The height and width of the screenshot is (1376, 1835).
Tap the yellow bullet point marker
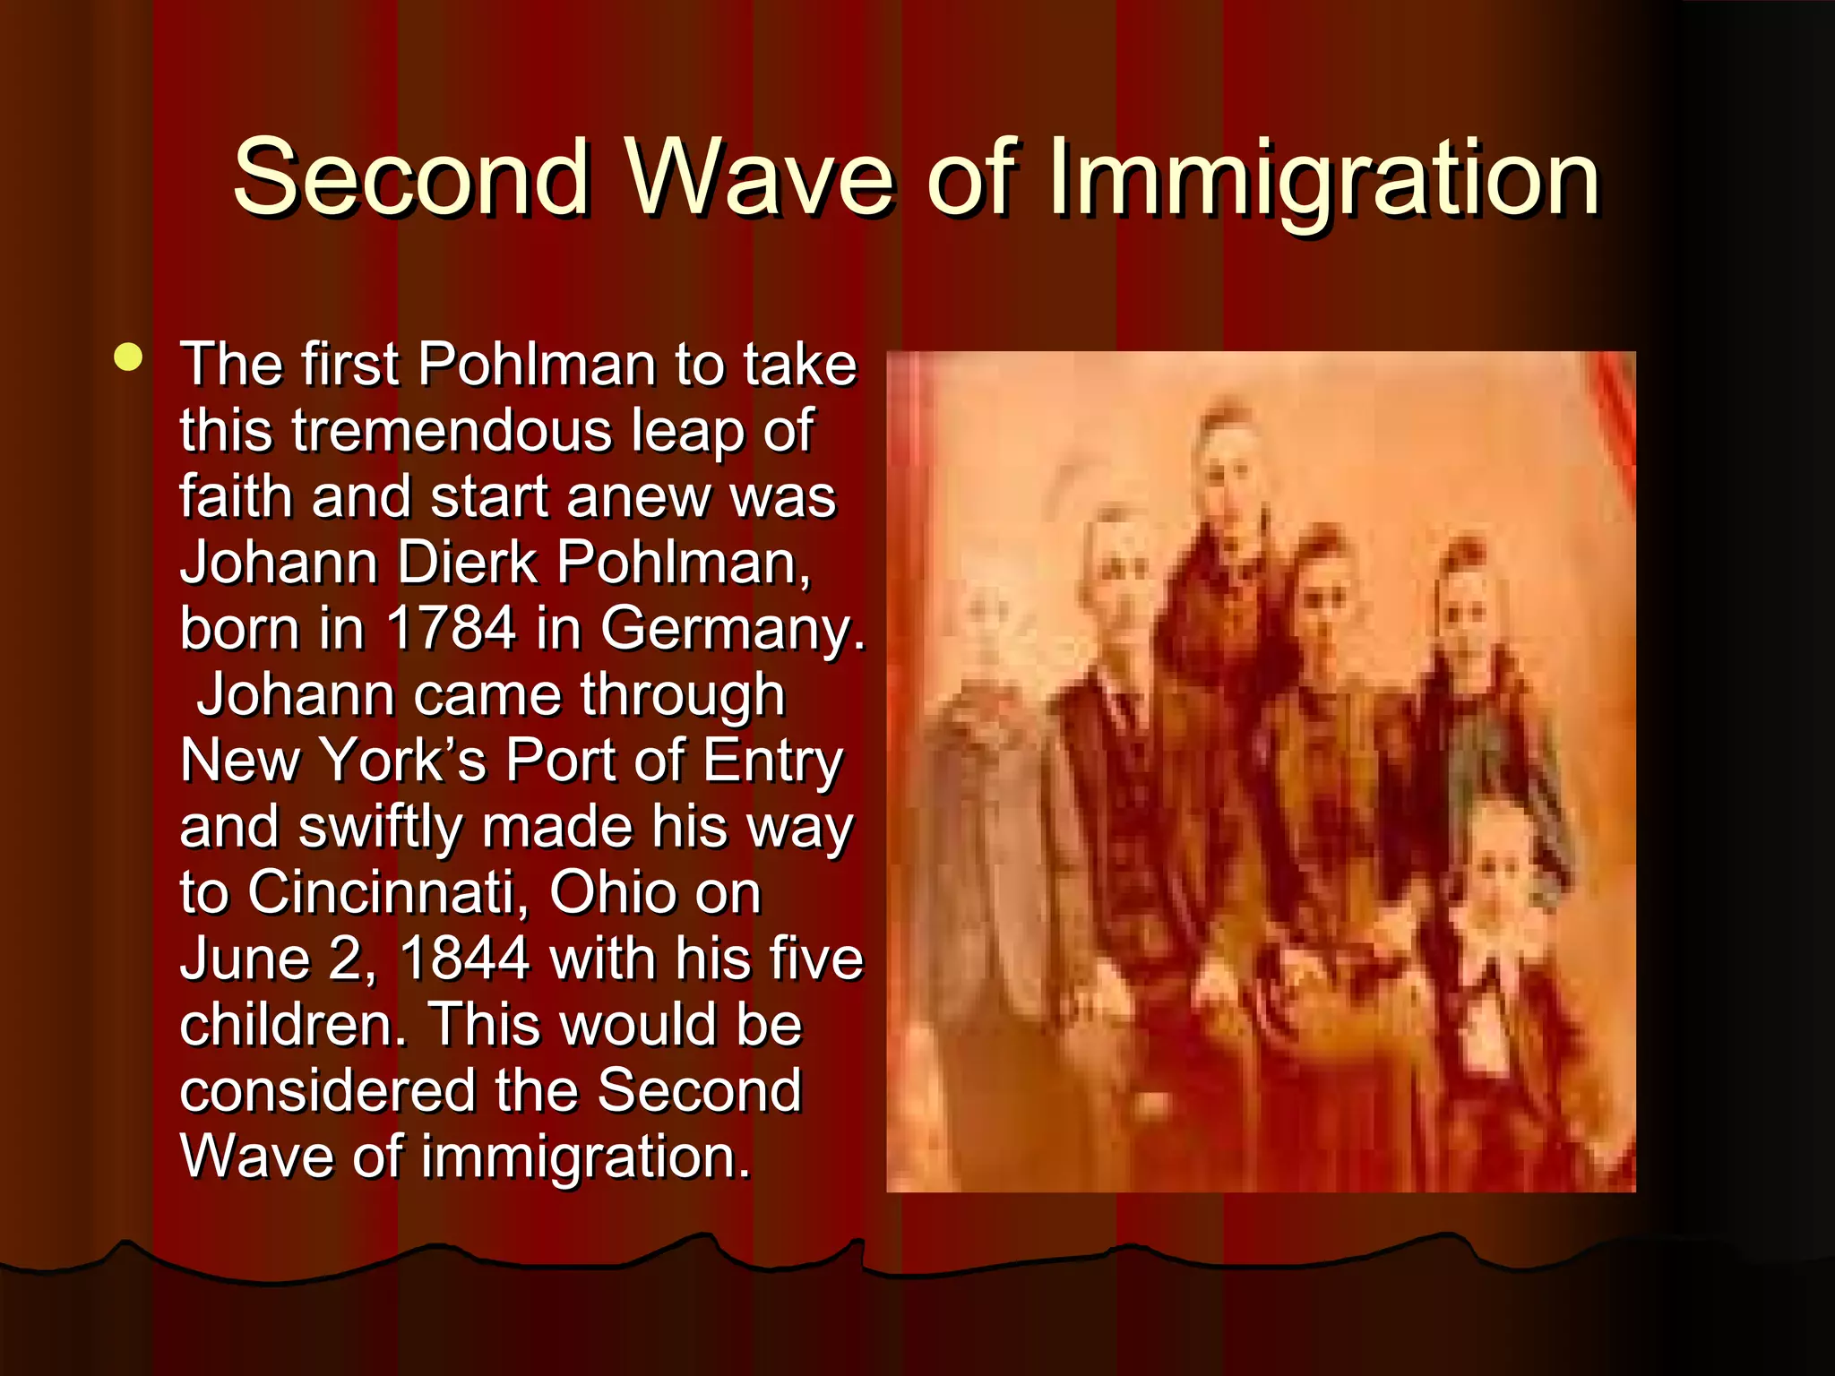128,357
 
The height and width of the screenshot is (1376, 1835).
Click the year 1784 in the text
451,628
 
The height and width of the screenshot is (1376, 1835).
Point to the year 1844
464,959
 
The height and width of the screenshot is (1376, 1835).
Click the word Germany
733,630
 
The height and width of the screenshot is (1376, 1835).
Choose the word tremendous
451,431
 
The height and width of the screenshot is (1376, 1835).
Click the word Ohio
608,892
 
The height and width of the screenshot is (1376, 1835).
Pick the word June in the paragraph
244,959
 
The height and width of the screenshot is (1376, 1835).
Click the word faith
235,496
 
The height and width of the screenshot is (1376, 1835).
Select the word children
293,1025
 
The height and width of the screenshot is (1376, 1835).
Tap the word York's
402,761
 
